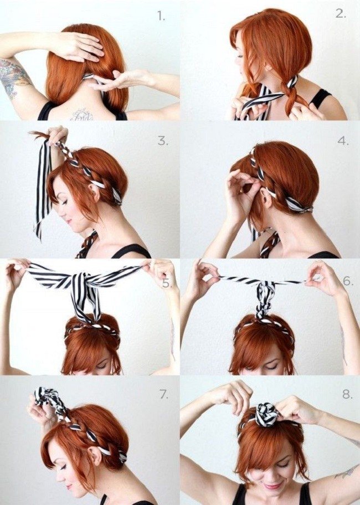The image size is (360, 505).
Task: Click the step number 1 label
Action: [x=161, y=16]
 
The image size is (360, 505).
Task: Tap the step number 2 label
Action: [x=341, y=13]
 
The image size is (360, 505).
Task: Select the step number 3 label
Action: [x=163, y=141]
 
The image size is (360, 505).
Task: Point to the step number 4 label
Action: [x=343, y=141]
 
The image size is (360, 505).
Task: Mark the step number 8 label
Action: [x=347, y=394]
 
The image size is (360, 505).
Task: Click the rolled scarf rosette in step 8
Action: [x=266, y=415]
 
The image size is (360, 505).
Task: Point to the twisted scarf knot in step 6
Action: [x=264, y=298]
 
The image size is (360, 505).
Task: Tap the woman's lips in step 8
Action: [x=272, y=486]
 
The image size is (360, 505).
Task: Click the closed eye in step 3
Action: [x=64, y=202]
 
